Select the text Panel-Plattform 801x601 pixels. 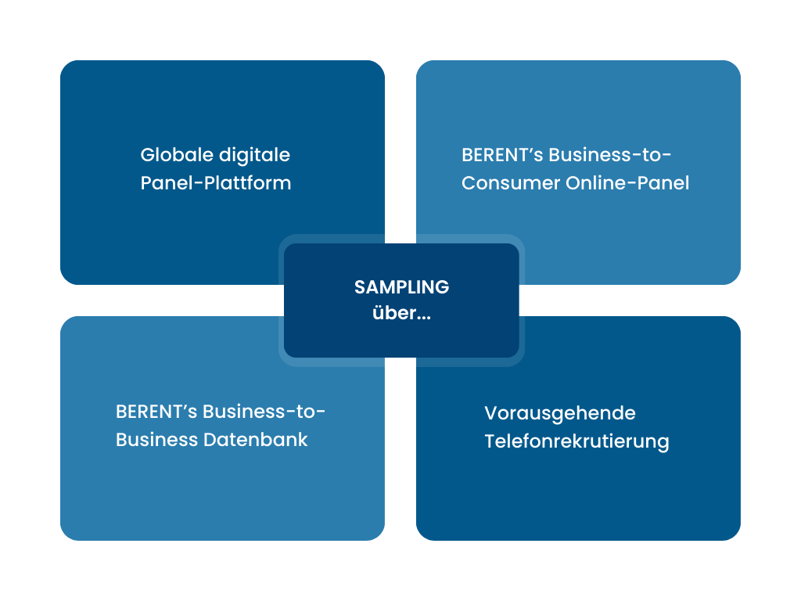216,183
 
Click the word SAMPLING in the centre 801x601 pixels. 401,287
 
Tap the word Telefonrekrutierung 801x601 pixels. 577,441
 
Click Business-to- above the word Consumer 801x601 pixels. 610,155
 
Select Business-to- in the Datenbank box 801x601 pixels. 264,412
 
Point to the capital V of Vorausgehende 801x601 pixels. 490,412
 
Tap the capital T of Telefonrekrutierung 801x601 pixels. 490,441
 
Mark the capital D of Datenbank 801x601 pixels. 210,440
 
